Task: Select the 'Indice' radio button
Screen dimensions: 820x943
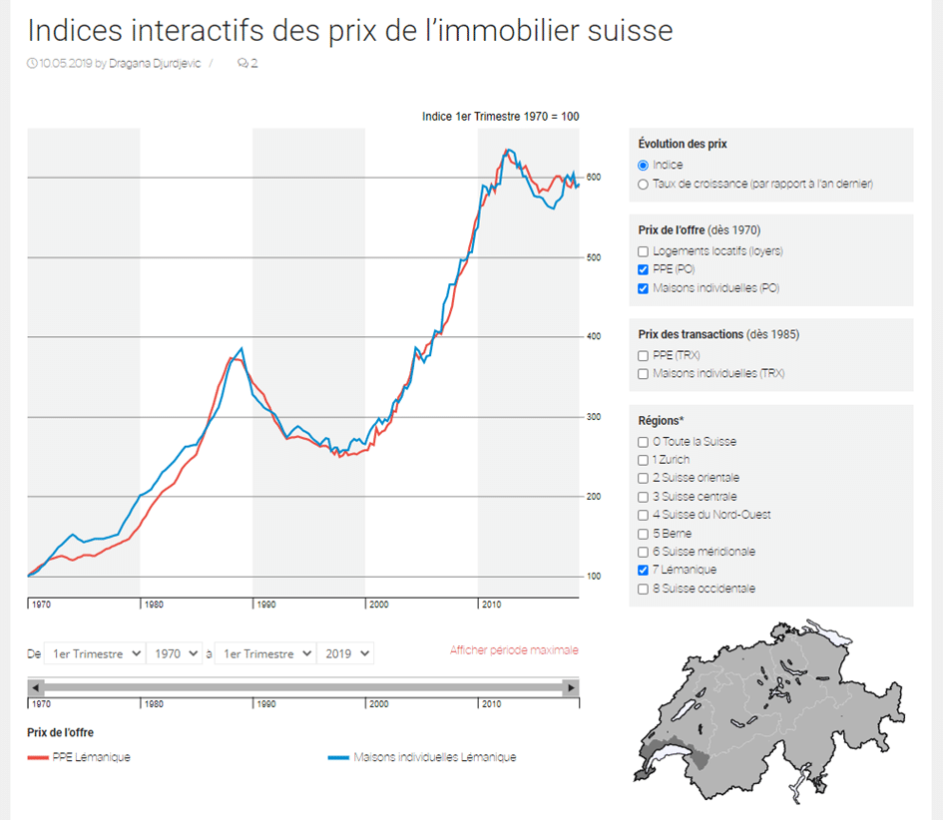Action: (644, 166)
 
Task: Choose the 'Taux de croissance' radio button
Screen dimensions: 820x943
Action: (644, 184)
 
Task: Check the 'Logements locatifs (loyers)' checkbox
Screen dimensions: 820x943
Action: (644, 251)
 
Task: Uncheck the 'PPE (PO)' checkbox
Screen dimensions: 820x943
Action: (644, 269)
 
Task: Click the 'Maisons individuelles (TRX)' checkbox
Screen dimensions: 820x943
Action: (644, 374)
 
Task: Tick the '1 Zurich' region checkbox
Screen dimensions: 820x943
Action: (644, 460)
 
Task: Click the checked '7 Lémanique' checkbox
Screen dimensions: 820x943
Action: (644, 570)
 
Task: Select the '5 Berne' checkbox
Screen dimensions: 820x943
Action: (644, 534)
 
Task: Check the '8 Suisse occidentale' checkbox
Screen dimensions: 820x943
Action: (644, 589)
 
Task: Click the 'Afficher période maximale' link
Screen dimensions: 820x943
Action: (514, 650)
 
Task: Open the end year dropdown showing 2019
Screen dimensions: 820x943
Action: (345, 653)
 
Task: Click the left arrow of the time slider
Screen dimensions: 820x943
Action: (37, 687)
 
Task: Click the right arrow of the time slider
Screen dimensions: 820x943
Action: (570, 687)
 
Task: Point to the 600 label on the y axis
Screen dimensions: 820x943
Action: (594, 178)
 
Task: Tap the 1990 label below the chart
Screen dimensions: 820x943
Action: (264, 605)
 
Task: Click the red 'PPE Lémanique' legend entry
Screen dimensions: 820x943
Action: (80, 757)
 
